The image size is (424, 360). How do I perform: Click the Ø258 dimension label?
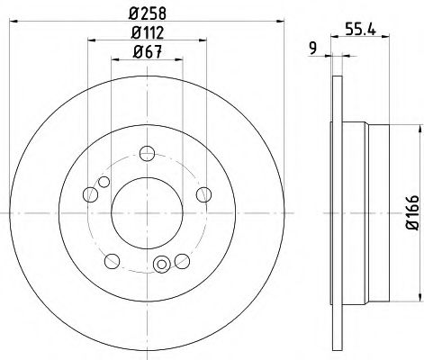[146, 13]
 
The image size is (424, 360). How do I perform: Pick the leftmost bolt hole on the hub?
[88, 192]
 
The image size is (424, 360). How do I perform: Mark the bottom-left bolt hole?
[112, 261]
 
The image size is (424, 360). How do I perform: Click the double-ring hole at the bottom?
[162, 264]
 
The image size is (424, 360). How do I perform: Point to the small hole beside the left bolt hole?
[104, 184]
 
